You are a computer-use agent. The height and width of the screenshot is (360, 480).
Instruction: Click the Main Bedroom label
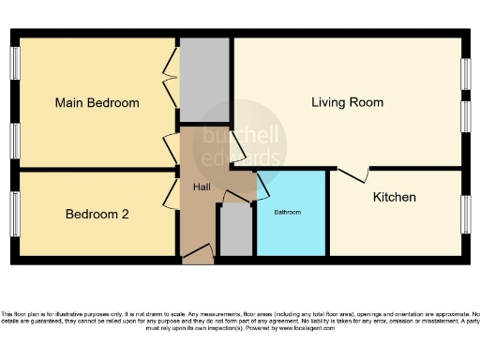point(97,103)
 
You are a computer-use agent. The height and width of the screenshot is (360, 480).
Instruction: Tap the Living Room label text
point(347,102)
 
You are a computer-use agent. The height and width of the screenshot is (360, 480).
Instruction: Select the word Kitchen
point(394,197)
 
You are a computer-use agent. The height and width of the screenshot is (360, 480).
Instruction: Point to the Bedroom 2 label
point(97,214)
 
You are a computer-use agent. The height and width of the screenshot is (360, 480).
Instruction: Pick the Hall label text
point(202,187)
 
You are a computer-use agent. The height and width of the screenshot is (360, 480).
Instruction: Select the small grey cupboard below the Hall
point(235,230)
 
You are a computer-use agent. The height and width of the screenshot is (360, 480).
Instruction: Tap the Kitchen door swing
point(352,175)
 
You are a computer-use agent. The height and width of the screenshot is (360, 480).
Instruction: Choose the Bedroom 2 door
point(171,194)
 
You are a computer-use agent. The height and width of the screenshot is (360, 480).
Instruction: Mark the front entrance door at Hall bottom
point(198,253)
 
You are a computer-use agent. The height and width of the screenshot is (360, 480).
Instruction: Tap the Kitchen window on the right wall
point(466,215)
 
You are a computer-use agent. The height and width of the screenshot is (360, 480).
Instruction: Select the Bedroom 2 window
point(15,215)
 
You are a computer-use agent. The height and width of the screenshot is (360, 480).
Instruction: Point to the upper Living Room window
point(466,74)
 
